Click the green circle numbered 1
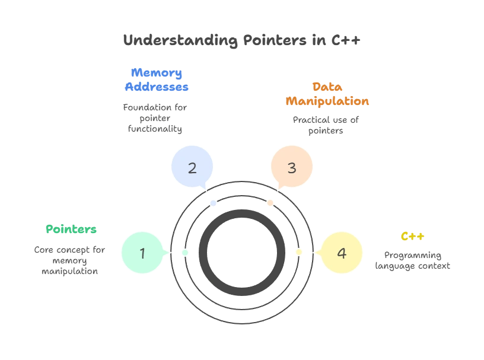tap(142, 253)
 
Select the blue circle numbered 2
tap(192, 168)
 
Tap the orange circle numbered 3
tap(291, 168)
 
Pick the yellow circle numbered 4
tap(341, 253)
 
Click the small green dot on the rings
tap(185, 253)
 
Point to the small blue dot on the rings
tap(214, 203)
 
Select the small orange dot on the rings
tap(270, 203)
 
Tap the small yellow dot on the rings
tap(299, 253)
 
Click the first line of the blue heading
tap(157, 73)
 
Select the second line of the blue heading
tap(157, 87)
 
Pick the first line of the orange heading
tap(327, 87)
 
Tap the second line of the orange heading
tap(327, 101)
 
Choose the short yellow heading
tap(413, 236)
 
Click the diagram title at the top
tap(242, 40)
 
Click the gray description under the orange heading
tap(327, 125)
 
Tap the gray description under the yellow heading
tap(413, 260)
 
